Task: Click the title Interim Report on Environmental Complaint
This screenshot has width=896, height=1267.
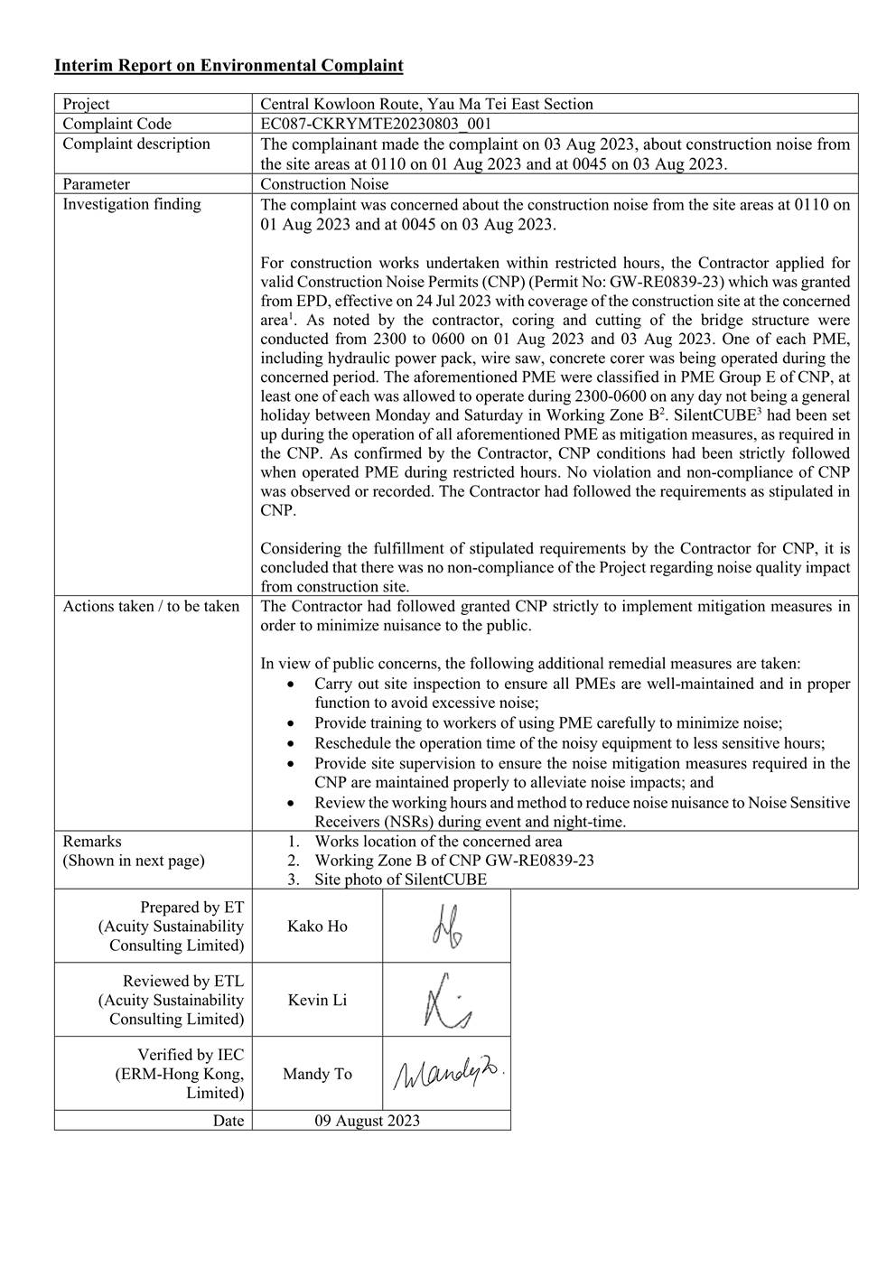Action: tap(229, 66)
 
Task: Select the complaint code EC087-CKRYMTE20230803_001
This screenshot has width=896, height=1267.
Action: tap(376, 124)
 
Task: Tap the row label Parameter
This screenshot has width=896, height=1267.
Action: tap(96, 184)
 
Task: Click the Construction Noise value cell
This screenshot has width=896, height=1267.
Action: tap(324, 184)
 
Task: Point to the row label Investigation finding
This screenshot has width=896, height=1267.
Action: tap(132, 204)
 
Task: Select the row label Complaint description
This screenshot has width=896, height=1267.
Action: tap(135, 144)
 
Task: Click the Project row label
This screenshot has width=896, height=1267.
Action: tap(87, 104)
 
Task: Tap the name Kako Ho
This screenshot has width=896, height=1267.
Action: tap(317, 926)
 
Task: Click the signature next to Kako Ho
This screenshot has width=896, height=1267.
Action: tap(445, 927)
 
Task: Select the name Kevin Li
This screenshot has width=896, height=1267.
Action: tap(317, 1000)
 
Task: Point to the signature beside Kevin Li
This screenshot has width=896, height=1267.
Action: tap(445, 1000)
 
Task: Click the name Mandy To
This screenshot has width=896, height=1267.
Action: tap(317, 1074)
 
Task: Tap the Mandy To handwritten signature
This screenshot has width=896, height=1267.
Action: tap(447, 1073)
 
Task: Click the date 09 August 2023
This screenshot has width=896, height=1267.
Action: tap(367, 1121)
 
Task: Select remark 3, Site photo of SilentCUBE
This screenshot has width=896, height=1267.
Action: tap(400, 880)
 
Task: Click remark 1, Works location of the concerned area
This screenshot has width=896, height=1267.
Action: tap(438, 841)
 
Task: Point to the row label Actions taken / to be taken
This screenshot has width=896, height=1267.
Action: tap(151, 606)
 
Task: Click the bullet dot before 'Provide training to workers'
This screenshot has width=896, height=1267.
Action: tap(288, 723)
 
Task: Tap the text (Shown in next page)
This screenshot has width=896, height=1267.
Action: tap(134, 861)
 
